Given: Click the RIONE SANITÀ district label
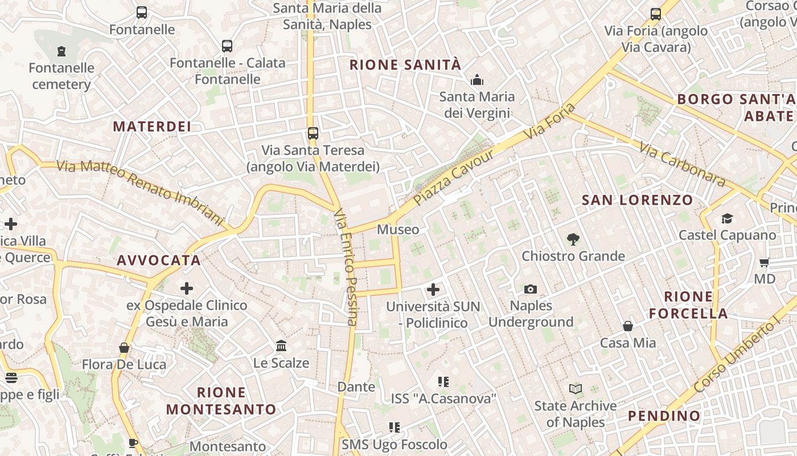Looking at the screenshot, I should pos(405,65).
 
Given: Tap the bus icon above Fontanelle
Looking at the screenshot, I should pos(142,13).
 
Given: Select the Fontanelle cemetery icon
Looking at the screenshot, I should pos(61,51).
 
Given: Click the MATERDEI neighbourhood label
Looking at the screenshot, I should pos(152,127).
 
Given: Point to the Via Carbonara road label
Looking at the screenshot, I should pos(682,164).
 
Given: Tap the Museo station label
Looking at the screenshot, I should pos(398,230).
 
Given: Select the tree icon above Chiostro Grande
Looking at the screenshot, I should pos(573,239).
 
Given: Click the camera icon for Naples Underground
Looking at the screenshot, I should pos(531,290).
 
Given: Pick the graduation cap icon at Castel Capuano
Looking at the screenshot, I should pos(727,218).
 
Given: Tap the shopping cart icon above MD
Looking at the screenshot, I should pos(764,263).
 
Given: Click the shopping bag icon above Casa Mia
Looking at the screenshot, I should pos(628,326).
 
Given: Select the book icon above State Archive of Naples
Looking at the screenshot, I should pos(576,389).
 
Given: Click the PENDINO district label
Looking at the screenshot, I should pos(664,416).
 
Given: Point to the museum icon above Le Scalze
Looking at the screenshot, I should pos(281,346).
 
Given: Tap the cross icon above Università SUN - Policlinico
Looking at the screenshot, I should pos(433,290).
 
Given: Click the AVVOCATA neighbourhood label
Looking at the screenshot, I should pos(159,260).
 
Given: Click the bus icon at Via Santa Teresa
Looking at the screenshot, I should pos(313,133).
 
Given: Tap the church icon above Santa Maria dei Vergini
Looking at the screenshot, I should pos(477,80).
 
